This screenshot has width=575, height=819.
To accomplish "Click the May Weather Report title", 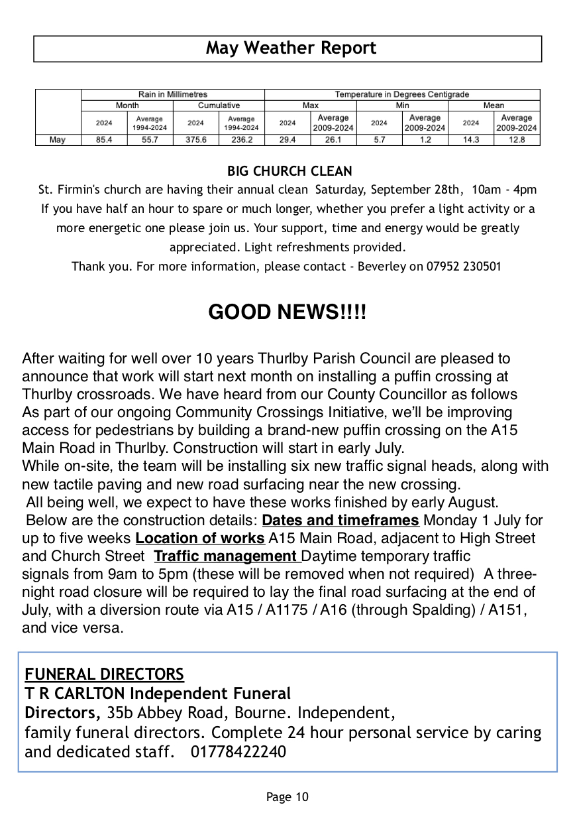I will (290, 48).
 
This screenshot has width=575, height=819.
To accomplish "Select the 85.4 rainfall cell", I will (104, 140).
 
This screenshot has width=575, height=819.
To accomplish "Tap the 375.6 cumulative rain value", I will (195, 140).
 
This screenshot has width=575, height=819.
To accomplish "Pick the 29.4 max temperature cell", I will (287, 140).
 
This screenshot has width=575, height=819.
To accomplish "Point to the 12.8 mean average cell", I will (517, 140).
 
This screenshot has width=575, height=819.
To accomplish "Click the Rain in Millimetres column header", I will (172, 95).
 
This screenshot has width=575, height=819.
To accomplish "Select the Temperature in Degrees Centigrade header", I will (401, 95).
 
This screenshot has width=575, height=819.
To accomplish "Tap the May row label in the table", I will (58, 140).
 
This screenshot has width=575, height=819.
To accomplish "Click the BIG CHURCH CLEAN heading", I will (289, 171).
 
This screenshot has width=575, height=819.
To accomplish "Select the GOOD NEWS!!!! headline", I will (287, 312).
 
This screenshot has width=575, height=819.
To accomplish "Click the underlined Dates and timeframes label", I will (340, 520).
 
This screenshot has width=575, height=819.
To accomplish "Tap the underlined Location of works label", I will (200, 538).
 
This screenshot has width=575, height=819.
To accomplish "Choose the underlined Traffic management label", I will (226, 556).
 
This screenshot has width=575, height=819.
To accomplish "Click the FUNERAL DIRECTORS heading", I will (104, 674).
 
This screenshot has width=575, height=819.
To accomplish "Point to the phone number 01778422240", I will (238, 752).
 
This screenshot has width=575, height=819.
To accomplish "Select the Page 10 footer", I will (287, 797).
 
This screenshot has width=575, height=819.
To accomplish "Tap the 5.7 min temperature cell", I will (379, 140).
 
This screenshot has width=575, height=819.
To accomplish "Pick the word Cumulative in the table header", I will (219, 105).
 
